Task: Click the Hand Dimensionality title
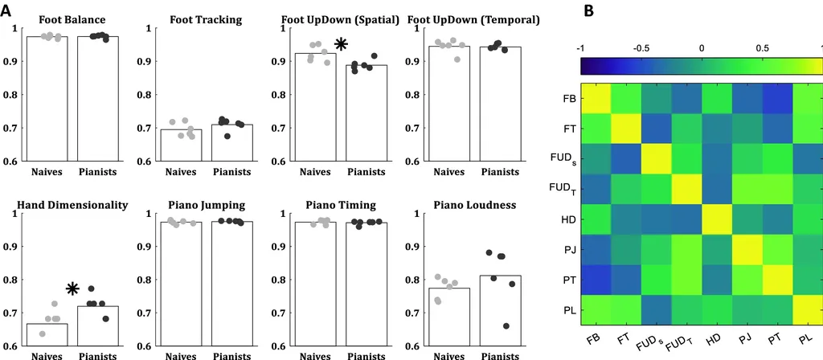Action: pyautogui.click(x=72, y=205)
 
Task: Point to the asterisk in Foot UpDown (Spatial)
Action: pyautogui.click(x=341, y=46)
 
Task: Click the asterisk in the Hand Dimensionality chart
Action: pyautogui.click(x=72, y=289)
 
